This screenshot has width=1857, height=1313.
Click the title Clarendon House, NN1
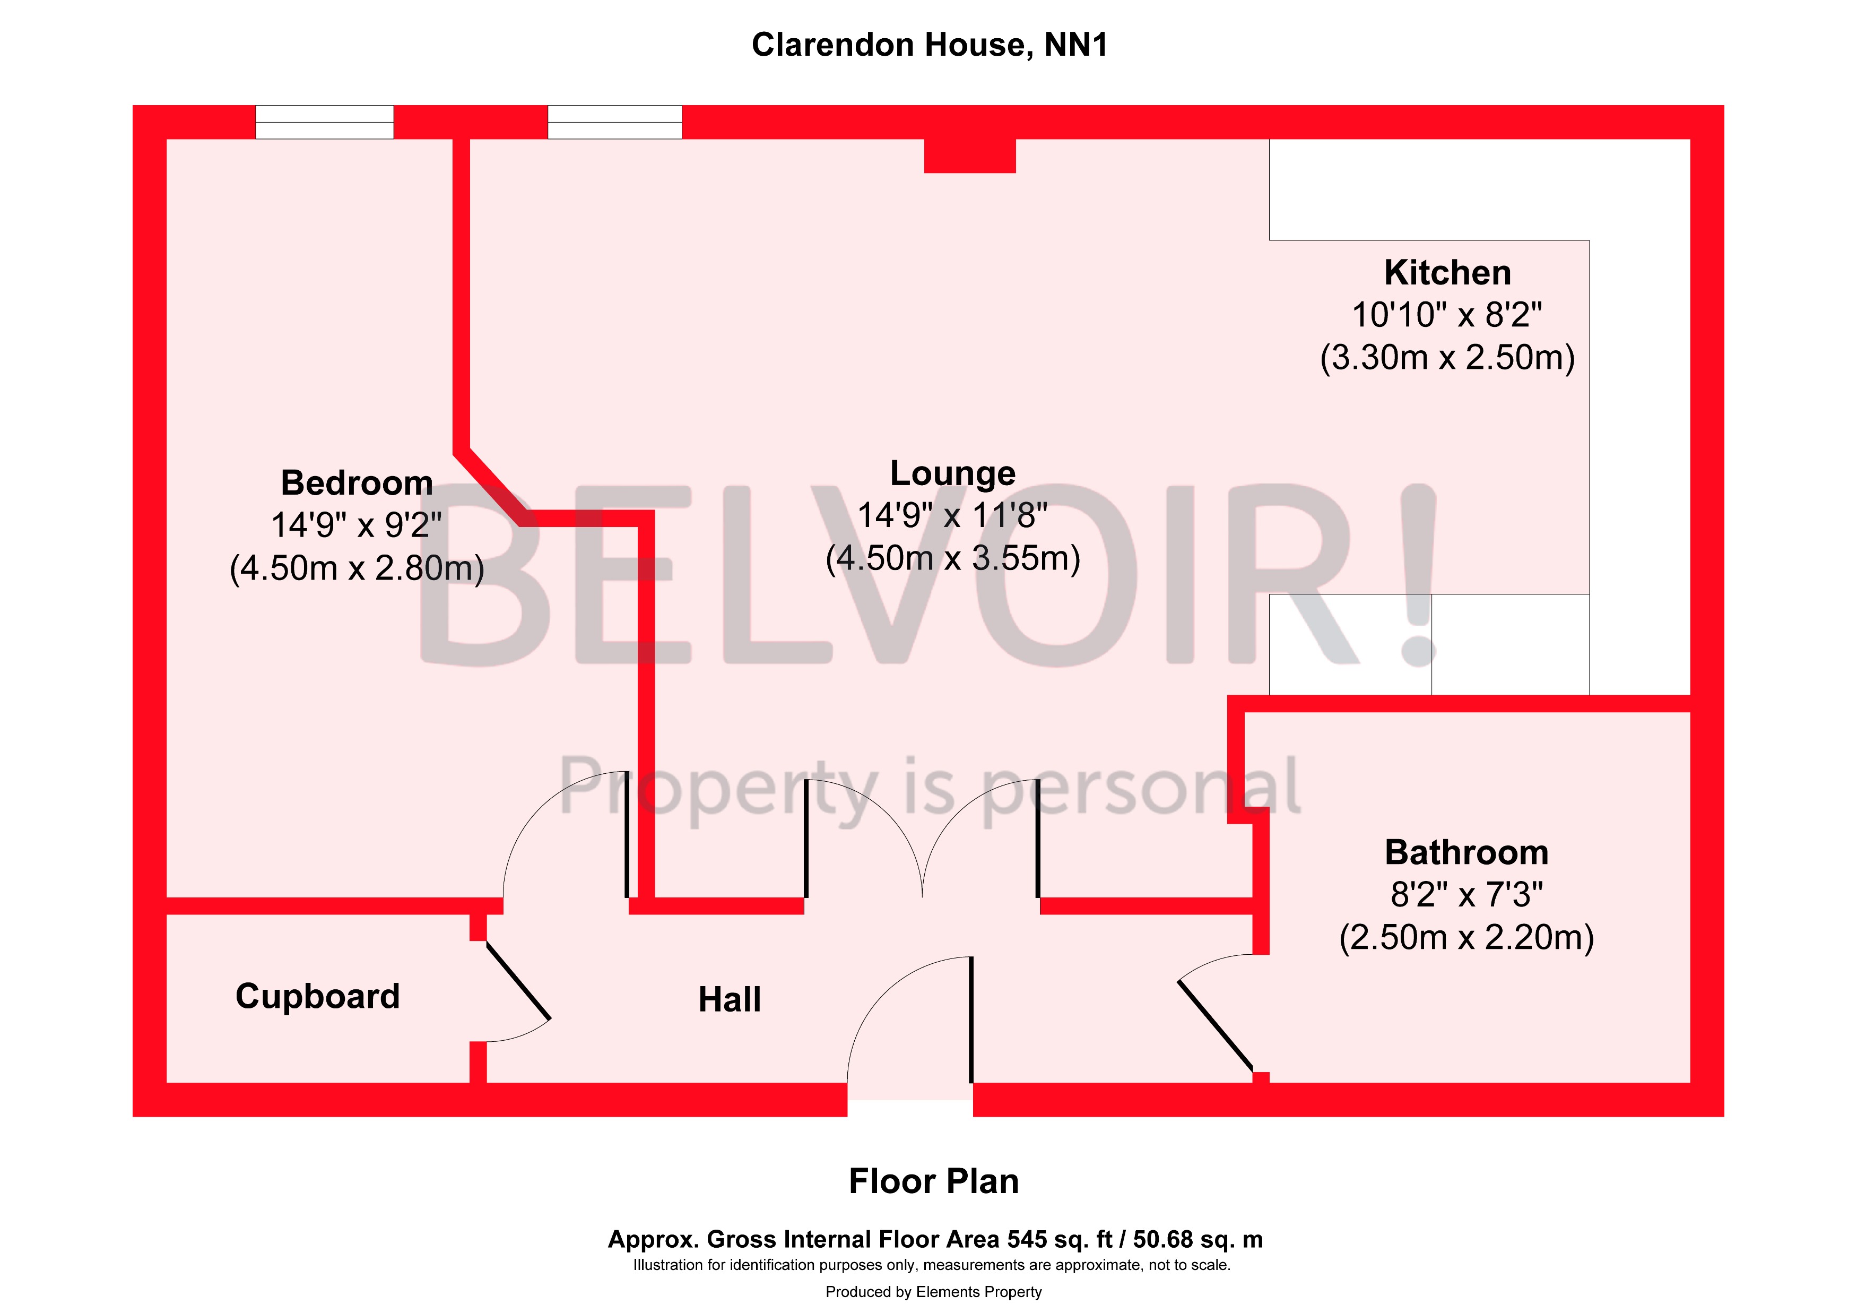[x=930, y=45]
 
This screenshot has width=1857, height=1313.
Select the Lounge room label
[x=953, y=473]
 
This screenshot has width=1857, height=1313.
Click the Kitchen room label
[x=1447, y=273]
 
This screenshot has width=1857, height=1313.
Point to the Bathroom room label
[x=1466, y=853]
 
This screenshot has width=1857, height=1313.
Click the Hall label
[x=730, y=999]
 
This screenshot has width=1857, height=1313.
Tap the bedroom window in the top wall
[x=324, y=122]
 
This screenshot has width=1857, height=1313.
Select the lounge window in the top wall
[x=615, y=122]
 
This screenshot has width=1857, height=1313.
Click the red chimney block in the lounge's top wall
[x=970, y=156]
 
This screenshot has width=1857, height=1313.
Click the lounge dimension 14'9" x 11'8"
[x=953, y=515]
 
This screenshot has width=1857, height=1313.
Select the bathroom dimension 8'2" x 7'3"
[x=1466, y=895]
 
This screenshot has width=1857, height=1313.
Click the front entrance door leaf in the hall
[x=970, y=1020]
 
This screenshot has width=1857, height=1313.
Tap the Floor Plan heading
[x=933, y=1182]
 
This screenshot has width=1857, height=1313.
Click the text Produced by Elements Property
[x=933, y=1292]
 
